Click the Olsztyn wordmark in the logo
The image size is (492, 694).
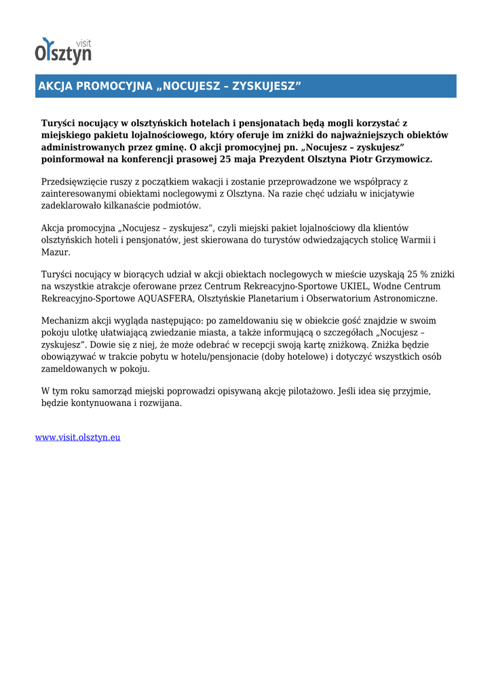point(62,53)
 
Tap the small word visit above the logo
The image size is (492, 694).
point(83,43)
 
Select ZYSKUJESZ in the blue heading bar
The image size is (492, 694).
point(264,86)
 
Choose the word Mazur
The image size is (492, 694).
point(56,252)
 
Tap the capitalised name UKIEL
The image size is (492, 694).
point(353,286)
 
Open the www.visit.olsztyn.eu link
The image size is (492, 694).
point(78,437)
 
